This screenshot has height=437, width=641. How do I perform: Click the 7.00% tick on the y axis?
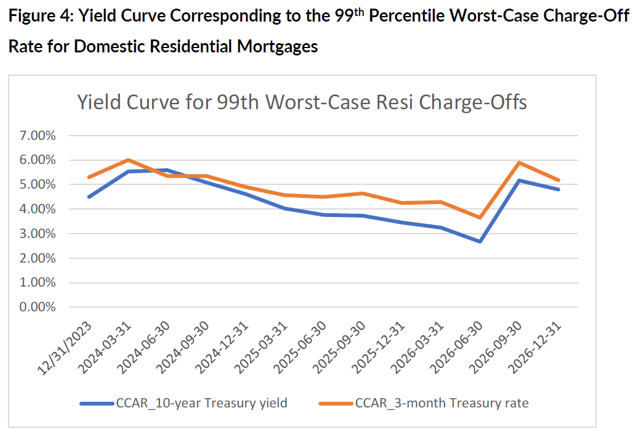[38, 136]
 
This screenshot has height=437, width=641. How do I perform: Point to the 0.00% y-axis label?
[38, 308]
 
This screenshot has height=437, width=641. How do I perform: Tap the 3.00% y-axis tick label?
[38, 234]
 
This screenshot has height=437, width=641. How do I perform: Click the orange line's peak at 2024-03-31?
[127, 160]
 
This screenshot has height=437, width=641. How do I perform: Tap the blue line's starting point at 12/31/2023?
[89, 197]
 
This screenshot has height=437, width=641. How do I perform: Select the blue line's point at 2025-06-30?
[324, 215]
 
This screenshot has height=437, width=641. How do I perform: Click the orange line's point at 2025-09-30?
[363, 194]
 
